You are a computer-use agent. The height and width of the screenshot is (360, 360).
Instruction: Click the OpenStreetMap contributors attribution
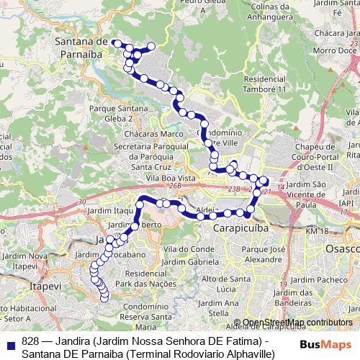tap(297, 322)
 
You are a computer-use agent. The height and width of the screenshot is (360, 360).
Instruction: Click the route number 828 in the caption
tap(30, 341)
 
